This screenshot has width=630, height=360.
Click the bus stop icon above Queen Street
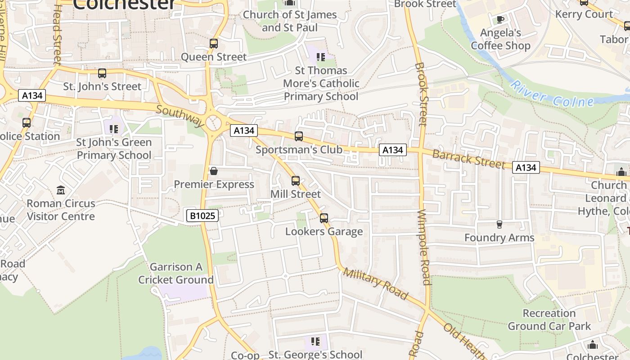coord(214,44)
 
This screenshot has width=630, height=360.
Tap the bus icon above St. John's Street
coord(102,73)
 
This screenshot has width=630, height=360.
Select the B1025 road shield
coord(202,216)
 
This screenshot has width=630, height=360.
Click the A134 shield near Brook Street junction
coord(392,150)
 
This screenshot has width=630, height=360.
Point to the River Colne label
coord(553,94)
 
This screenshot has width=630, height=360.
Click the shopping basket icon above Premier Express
coord(214,171)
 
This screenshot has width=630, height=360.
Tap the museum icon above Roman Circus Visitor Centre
coord(61,190)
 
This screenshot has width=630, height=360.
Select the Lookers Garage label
coord(324,231)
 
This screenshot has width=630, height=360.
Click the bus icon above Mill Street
coord(296,181)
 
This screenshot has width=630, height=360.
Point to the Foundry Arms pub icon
coord(499,224)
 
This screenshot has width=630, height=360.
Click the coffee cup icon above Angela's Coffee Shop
coord(500,19)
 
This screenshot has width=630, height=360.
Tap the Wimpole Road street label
coord(425,247)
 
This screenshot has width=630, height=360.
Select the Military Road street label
coord(375,283)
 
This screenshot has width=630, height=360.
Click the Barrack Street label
coord(468,159)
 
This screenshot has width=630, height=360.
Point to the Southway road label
coord(180,116)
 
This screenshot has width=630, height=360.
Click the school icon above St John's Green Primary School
coord(114,129)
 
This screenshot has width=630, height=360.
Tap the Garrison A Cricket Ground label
coord(176,273)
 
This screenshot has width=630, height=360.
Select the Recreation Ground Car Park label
coord(549,319)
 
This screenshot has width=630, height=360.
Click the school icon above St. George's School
coord(315,342)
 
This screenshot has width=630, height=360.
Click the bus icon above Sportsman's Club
coord(299,136)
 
